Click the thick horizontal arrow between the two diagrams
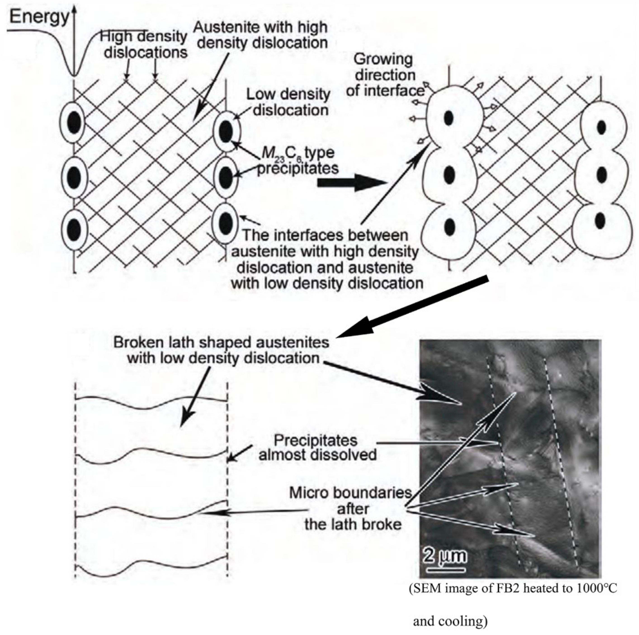[351, 183]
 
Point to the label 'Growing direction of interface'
[385, 75]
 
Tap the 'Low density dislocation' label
[288, 102]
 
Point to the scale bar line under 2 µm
[446, 569]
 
